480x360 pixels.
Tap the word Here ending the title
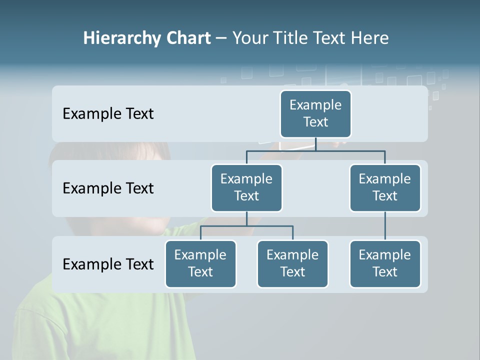click(370, 38)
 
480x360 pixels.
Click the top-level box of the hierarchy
click(315, 113)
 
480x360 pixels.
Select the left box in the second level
click(246, 187)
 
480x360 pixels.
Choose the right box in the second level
click(385, 187)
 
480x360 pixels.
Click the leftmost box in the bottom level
click(200, 263)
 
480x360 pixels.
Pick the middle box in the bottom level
click(292, 263)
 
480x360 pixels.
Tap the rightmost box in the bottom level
click(385, 263)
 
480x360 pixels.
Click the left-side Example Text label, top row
click(108, 114)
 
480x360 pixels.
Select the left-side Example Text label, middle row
click(108, 188)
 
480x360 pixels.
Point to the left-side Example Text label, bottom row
click(108, 264)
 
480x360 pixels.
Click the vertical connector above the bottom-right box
click(385, 226)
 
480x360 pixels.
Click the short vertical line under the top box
click(315, 144)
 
